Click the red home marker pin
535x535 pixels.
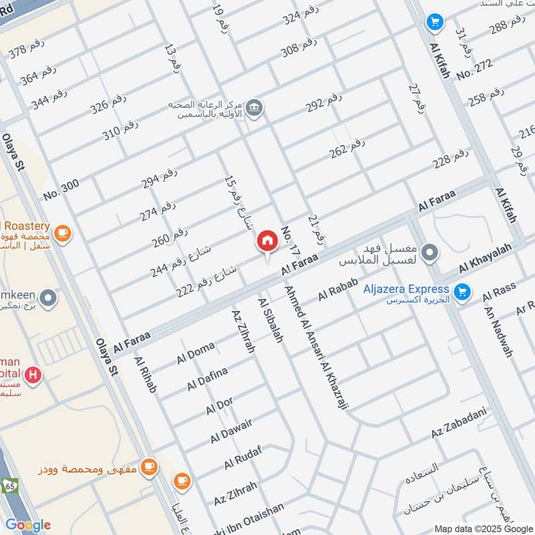click(267, 242)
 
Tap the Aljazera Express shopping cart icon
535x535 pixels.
click(461, 292)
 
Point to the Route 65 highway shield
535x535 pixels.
click(10, 484)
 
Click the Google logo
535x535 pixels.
click(27, 524)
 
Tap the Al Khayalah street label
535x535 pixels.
click(484, 258)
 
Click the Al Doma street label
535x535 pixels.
click(196, 352)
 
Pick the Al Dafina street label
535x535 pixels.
click(207, 379)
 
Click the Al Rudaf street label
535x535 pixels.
click(241, 457)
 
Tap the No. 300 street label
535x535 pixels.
click(61, 189)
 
